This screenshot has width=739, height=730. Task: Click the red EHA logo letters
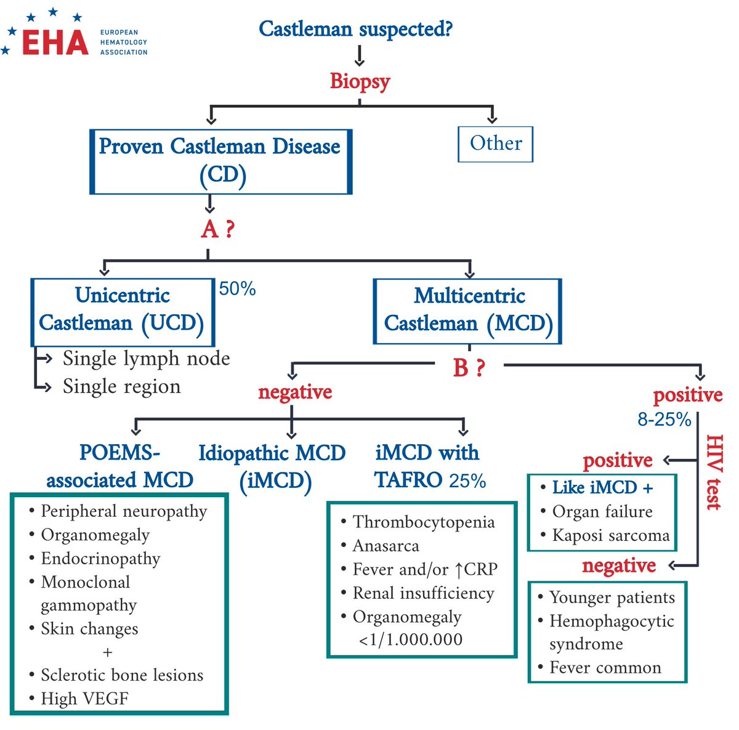point(55,42)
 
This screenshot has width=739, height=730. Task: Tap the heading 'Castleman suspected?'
point(355,28)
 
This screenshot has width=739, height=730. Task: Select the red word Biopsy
point(360,81)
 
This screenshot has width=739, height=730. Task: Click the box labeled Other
point(495,144)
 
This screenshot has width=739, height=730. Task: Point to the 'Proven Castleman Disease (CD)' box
point(220,161)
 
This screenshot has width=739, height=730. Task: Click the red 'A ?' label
point(217,229)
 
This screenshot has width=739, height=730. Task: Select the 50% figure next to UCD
point(237,288)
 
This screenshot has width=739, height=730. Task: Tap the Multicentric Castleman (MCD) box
point(468,310)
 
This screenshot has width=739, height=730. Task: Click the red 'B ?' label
point(469,368)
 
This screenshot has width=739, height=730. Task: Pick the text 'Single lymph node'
point(146,358)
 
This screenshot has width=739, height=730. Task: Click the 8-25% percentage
point(664,420)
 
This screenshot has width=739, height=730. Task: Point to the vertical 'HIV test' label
point(713,472)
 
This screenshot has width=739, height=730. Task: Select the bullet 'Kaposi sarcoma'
point(610,535)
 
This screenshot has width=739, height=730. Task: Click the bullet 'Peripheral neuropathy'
point(123,511)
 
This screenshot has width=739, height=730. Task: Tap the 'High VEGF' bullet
point(84,699)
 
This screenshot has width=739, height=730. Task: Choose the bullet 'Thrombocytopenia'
point(423,522)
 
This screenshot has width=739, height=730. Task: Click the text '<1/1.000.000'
point(410,639)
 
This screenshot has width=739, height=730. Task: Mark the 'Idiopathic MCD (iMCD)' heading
point(272,466)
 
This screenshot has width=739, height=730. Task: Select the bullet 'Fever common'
point(605,668)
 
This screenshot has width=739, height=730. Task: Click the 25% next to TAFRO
point(467,481)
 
